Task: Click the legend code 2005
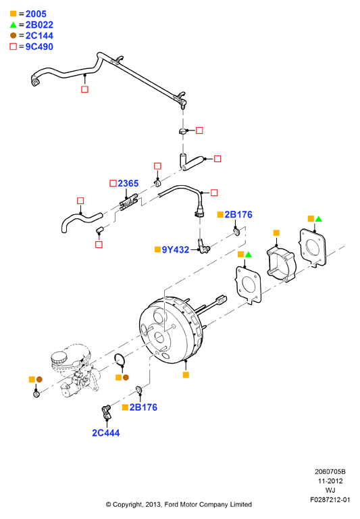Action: (x=36, y=14)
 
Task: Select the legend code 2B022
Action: (x=39, y=25)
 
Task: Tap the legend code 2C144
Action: (x=39, y=36)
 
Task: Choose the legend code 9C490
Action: (x=39, y=47)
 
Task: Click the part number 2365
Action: (x=128, y=183)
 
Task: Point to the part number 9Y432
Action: (x=176, y=249)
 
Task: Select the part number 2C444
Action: (x=106, y=433)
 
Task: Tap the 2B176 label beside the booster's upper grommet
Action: (x=238, y=214)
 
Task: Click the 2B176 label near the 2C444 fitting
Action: (x=143, y=407)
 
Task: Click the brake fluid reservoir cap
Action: (x=59, y=357)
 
